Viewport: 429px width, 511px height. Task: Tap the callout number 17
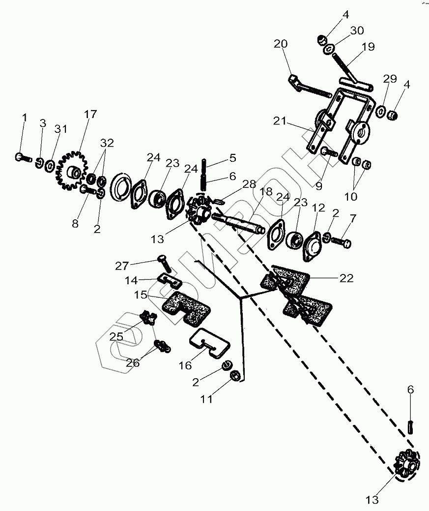coord(90,115)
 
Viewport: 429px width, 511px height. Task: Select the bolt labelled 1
coord(22,158)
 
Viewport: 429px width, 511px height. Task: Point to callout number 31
coord(60,129)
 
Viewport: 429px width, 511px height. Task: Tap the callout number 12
coord(318,208)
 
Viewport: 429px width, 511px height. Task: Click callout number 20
coord(281,44)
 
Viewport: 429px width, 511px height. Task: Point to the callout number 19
coord(368,47)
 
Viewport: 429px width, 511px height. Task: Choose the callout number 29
coord(390,79)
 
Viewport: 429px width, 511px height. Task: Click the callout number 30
coord(357,30)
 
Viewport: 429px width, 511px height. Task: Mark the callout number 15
coord(141,295)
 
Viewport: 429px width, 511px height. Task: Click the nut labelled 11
coord(235,375)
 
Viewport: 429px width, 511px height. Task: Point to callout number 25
coord(116,337)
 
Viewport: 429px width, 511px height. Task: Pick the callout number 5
coord(232,158)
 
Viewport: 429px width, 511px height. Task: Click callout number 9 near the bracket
coord(320,186)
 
